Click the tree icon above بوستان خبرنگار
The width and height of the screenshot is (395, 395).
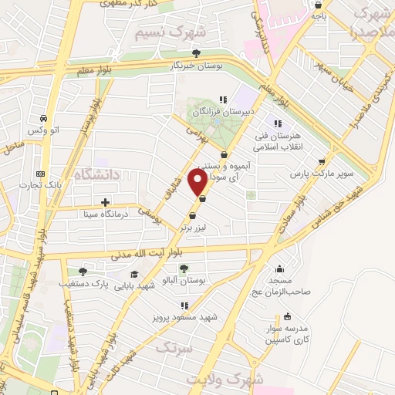click(197, 53)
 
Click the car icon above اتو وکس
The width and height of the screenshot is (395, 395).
click(42, 118)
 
